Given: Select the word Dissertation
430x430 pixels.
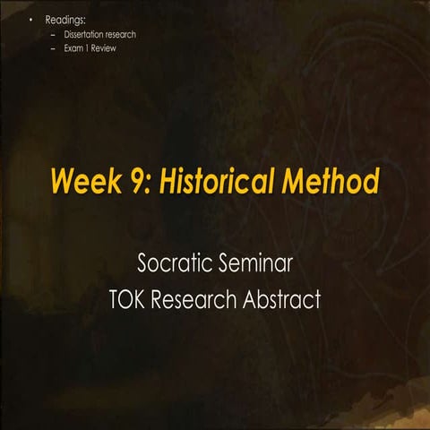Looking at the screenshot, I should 85,34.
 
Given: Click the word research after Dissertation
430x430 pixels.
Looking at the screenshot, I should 122,34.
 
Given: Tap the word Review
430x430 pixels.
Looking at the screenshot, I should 103,47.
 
